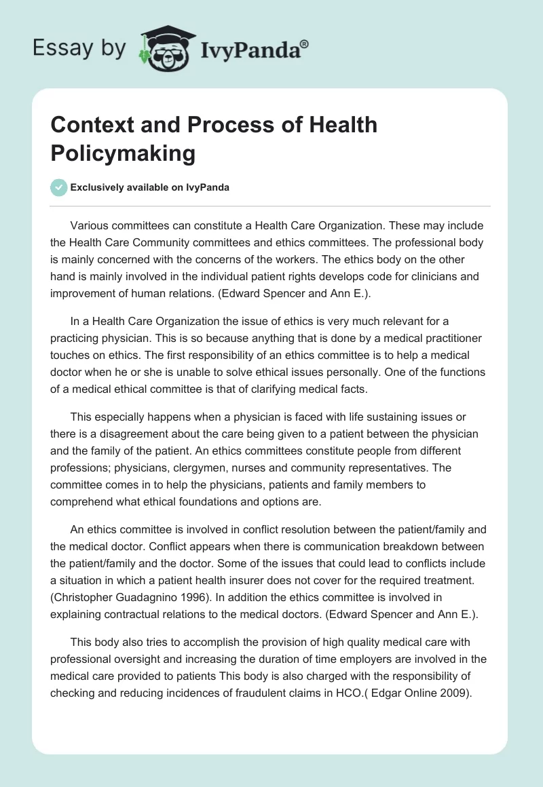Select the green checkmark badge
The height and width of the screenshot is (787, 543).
[58, 188]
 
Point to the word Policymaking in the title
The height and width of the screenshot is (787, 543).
[123, 153]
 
